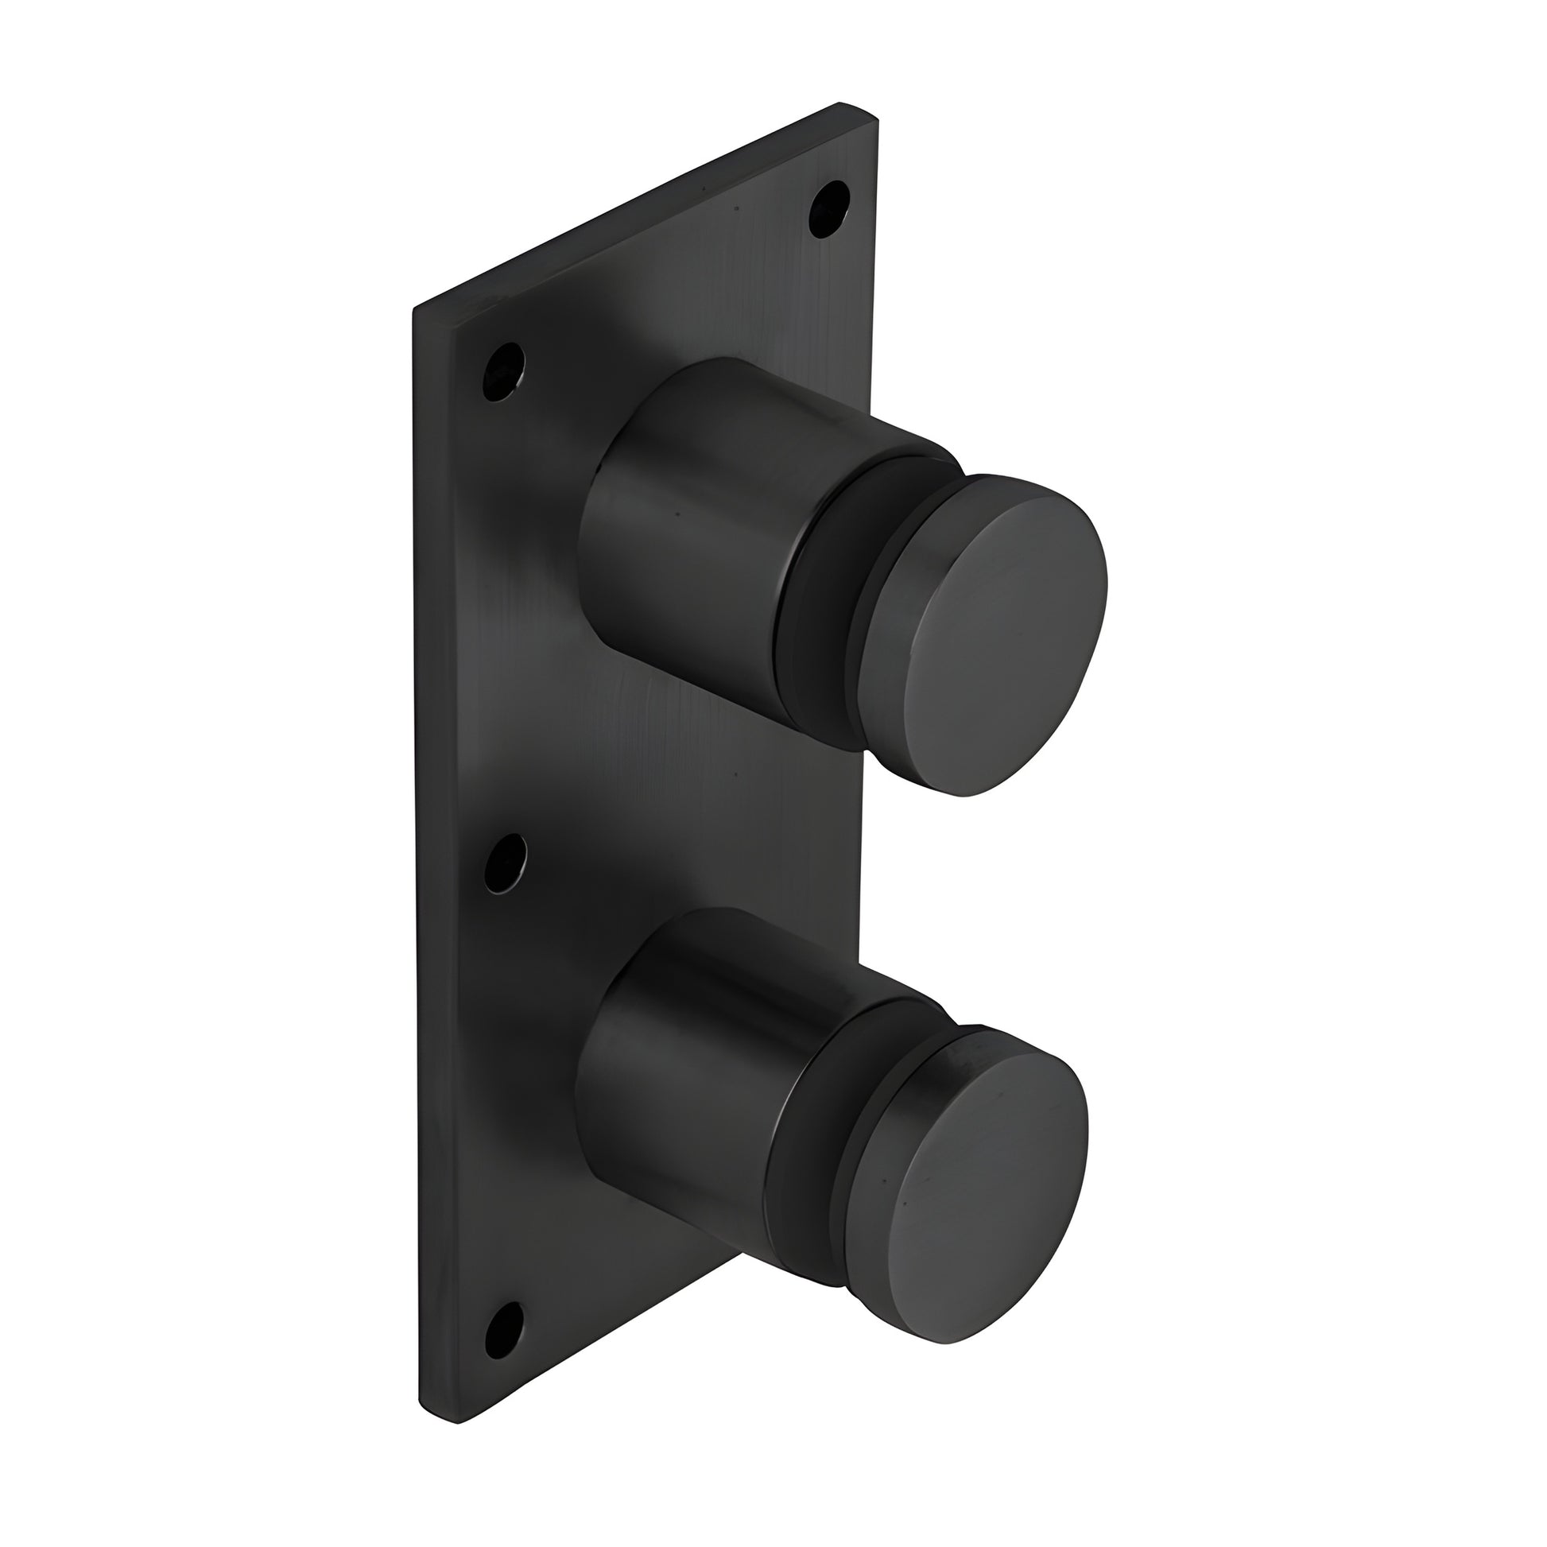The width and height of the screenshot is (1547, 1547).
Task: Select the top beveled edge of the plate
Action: [641, 212]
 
